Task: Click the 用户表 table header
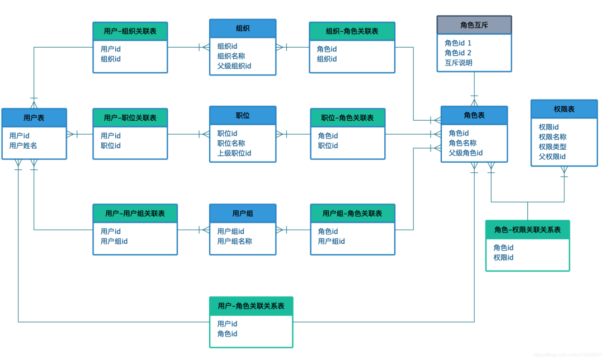pyautogui.click(x=34, y=118)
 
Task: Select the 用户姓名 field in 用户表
pyautogui.click(x=23, y=146)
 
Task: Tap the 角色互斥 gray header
pyautogui.click(x=474, y=25)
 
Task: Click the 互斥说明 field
pyautogui.click(x=459, y=63)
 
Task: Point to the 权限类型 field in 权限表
pyautogui.click(x=553, y=146)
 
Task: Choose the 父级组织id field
pyautogui.click(x=234, y=66)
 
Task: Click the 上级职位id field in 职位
pyautogui.click(x=234, y=153)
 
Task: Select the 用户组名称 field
pyautogui.click(x=234, y=241)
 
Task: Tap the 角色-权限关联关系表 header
pyautogui.click(x=527, y=230)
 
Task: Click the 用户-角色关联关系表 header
pyautogui.click(x=251, y=306)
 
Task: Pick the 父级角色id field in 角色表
pyautogui.click(x=465, y=153)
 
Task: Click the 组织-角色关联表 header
pyautogui.click(x=352, y=31)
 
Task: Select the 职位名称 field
pyautogui.click(x=231, y=144)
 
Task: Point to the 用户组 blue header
pyautogui.click(x=243, y=214)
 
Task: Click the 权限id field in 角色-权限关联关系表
pyautogui.click(x=503, y=258)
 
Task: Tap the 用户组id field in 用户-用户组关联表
pyautogui.click(x=114, y=241)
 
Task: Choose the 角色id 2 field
pyautogui.click(x=458, y=53)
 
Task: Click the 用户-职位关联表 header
pyautogui.click(x=130, y=118)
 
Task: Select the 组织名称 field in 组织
pyautogui.click(x=231, y=56)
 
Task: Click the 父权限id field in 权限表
pyautogui.click(x=552, y=157)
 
